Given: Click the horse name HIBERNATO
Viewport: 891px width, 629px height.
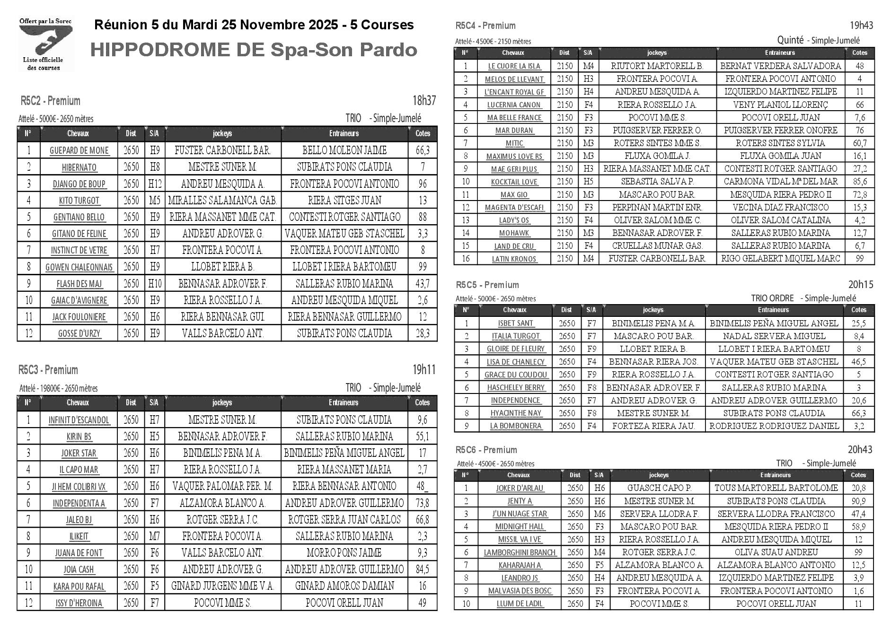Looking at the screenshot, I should [79, 167].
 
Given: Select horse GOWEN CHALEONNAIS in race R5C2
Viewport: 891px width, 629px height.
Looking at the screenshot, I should [79, 267].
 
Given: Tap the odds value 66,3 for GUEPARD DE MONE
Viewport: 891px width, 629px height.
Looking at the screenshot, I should [422, 150].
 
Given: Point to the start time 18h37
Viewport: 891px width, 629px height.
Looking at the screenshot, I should [423, 101].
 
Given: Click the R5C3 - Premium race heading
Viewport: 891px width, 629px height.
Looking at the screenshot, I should [48, 370].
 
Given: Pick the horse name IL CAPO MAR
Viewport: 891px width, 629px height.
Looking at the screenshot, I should [79, 470].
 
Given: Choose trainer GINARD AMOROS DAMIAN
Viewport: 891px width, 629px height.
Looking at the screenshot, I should [344, 586].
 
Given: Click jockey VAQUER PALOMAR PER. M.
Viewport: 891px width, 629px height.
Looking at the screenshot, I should [222, 486].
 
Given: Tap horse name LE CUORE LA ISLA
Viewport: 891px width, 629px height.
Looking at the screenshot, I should [514, 66].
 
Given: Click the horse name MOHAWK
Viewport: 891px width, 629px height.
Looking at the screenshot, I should [514, 233].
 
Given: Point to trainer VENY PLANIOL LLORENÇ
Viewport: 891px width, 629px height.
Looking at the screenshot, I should [780, 105].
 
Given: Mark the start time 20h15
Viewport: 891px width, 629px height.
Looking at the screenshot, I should [860, 285].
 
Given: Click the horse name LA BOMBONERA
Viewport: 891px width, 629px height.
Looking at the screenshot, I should [515, 426].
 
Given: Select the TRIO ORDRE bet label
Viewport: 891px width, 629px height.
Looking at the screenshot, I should [772, 298].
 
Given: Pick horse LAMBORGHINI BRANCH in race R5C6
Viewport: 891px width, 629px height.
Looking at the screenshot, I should [520, 552].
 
